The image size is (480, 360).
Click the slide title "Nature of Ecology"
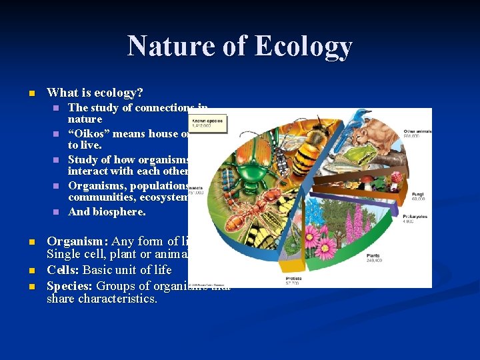pos(239,46)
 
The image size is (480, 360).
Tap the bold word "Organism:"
pos(78,241)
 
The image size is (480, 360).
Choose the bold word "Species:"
pos(71,285)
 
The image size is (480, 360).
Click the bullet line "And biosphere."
pos(107,212)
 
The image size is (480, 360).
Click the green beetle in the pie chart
pos(252,165)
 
